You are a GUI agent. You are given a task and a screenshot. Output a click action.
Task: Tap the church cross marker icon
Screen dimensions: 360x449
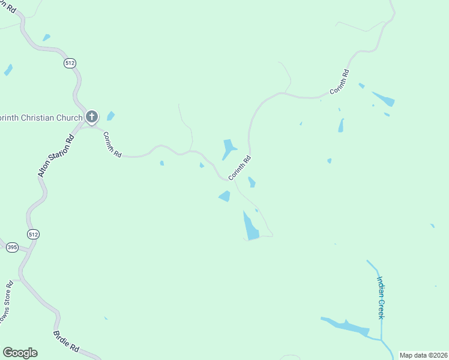tap(92, 116)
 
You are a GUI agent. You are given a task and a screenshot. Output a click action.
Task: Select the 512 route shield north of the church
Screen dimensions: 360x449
tap(70, 62)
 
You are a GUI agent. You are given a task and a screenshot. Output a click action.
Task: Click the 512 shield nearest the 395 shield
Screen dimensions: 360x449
tap(33, 235)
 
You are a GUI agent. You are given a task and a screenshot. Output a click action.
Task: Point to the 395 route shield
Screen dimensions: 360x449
tap(12, 247)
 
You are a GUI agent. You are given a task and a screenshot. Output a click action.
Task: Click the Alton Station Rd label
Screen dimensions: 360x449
tap(55, 155)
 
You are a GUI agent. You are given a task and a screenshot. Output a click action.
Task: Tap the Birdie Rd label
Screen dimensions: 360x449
tap(66, 340)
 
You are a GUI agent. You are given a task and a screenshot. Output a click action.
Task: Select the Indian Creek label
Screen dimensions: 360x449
tap(380, 297)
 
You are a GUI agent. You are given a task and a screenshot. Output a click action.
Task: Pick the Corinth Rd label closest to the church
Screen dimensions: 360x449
tap(112, 145)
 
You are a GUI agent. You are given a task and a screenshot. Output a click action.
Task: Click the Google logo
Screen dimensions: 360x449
tap(20, 353)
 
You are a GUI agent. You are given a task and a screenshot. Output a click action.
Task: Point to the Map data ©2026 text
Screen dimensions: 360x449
tap(423, 355)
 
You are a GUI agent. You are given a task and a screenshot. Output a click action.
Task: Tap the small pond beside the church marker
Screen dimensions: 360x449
tap(110, 116)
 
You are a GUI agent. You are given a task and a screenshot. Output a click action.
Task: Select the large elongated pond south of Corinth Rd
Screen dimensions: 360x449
tap(251, 227)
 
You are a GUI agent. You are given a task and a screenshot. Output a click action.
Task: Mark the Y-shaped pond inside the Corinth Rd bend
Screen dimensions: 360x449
tap(229, 148)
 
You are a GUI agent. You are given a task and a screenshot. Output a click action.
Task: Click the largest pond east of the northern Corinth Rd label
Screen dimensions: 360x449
tap(384, 98)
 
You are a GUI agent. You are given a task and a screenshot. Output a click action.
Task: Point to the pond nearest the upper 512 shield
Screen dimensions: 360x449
tap(46, 38)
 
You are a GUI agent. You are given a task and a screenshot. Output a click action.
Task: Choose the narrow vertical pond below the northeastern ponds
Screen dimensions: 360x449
tap(341, 125)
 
